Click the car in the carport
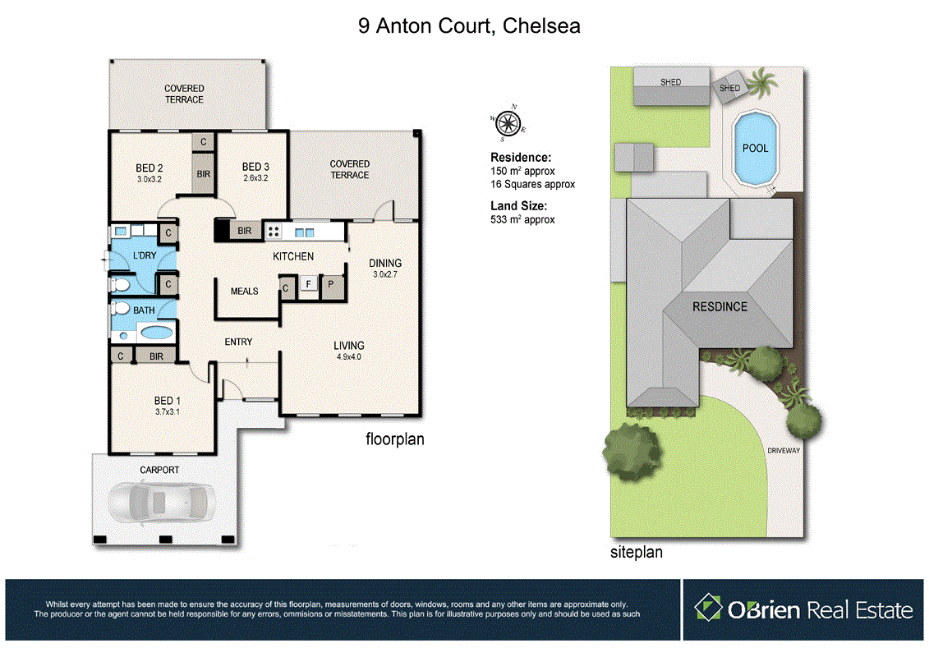point(161,502)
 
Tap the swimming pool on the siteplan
point(755,149)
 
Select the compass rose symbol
point(508,123)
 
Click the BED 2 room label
point(149,168)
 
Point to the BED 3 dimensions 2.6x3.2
point(256,178)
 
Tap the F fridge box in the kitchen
point(308,285)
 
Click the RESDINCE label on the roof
point(720,306)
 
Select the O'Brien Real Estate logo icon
point(708,609)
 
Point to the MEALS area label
point(245,291)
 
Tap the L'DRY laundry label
point(144,256)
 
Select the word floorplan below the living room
point(394,439)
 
